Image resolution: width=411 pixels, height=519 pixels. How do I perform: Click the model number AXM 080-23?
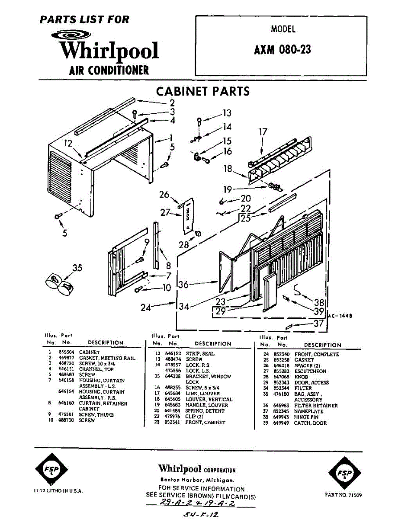click(x=283, y=50)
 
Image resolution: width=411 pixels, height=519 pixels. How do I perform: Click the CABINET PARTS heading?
click(x=202, y=92)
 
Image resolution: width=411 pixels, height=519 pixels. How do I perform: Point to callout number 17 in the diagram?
click(x=263, y=132)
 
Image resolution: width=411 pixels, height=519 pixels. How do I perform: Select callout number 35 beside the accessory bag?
click(x=77, y=268)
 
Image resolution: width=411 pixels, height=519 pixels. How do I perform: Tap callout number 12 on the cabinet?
click(x=68, y=144)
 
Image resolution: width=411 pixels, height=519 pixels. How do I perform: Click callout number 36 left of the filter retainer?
click(x=184, y=285)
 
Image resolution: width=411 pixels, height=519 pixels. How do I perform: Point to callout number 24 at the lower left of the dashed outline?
click(x=146, y=308)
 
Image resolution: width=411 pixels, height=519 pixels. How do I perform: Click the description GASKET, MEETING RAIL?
click(x=107, y=358)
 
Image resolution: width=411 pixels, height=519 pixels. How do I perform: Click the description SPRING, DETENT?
click(x=205, y=411)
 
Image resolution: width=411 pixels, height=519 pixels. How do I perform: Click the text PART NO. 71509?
click(x=343, y=494)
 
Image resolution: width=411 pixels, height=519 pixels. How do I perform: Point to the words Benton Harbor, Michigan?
click(x=197, y=480)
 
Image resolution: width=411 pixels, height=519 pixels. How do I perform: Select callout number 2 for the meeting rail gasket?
click(x=172, y=103)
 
